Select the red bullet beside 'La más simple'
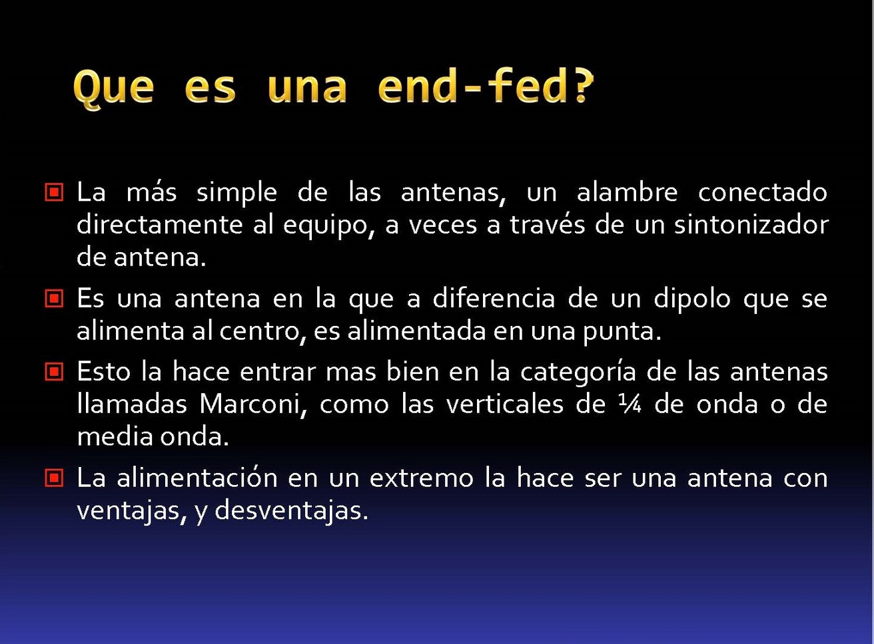54,192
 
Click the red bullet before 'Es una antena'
54,298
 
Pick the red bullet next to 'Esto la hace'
54,372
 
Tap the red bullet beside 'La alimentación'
54,478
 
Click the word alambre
628,192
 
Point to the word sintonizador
751,225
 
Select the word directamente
159,225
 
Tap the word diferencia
494,298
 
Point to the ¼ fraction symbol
630,404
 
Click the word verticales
505,404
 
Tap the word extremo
422,478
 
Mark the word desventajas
292,512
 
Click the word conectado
763,192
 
